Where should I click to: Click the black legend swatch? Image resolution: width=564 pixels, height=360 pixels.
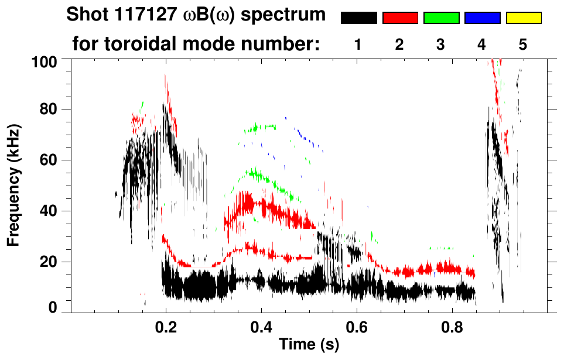[359, 18]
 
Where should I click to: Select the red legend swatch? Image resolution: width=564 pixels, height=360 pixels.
[400, 18]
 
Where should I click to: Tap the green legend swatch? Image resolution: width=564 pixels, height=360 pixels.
[441, 18]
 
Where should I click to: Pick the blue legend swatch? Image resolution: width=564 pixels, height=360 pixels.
[482, 18]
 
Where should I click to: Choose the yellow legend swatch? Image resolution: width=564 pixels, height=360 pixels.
[523, 18]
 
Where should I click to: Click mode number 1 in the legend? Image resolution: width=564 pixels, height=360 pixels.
[358, 44]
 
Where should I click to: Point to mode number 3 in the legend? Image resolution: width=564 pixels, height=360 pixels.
[440, 44]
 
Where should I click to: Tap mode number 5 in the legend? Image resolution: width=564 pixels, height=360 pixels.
[522, 44]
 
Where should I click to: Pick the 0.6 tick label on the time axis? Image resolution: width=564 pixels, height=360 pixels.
[356, 328]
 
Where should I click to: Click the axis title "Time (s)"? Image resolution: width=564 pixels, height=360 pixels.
[309, 345]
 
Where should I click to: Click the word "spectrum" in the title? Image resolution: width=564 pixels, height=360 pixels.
[289, 16]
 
